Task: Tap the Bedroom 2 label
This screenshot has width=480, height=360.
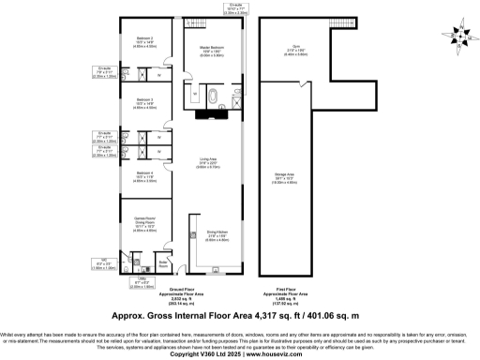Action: pyautogui.click(x=144, y=42)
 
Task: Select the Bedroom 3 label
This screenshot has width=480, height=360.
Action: pyautogui.click(x=144, y=101)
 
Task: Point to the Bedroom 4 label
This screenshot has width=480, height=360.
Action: pyautogui.click(x=144, y=175)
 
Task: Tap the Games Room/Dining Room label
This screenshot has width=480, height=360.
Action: pyautogui.click(x=144, y=224)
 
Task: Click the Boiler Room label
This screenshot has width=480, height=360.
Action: pyautogui.click(x=164, y=263)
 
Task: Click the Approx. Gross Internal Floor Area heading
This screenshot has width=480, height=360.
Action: pyautogui.click(x=239, y=317)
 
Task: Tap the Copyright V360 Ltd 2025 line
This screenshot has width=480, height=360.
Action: pyautogui.click(x=239, y=354)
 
